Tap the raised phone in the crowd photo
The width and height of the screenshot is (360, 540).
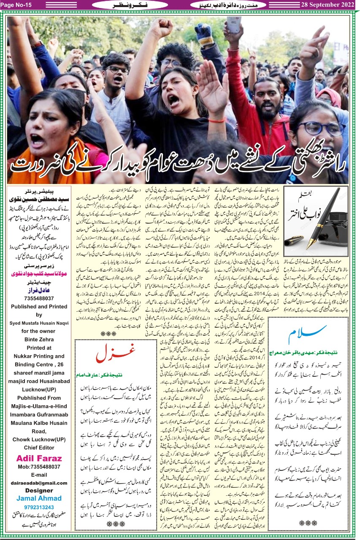point(233,25)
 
